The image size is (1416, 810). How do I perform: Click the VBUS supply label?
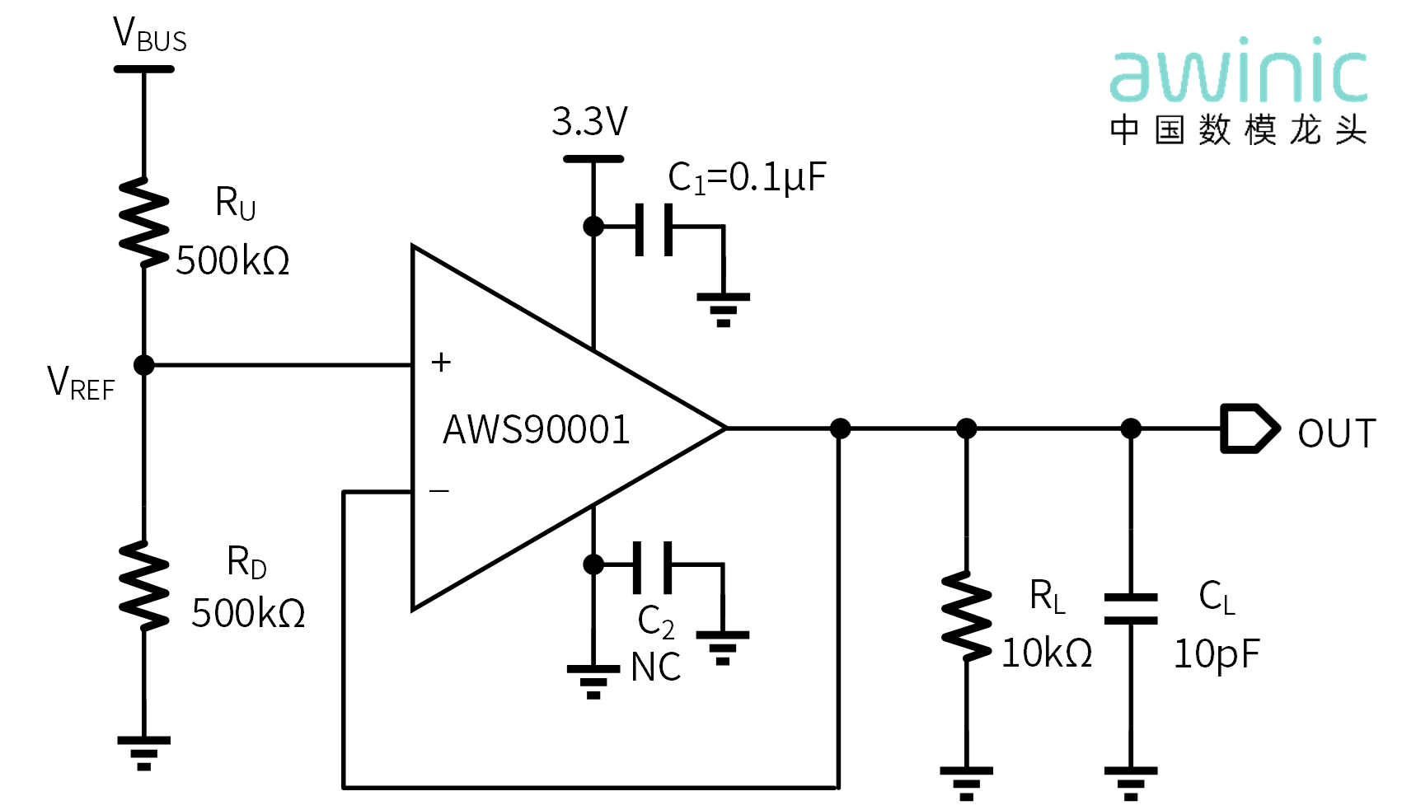coord(149,35)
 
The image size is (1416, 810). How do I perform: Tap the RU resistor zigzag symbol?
coord(144,222)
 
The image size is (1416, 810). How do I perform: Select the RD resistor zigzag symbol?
coord(144,585)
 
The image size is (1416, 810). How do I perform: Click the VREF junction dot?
coord(144,364)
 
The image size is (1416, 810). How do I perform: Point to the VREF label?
coord(81,383)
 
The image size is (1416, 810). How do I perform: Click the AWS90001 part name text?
coord(537,429)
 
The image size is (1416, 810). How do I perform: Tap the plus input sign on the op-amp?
coord(441,362)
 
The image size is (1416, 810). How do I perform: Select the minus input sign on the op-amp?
coord(439,491)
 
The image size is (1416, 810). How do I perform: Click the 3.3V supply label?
coord(589,122)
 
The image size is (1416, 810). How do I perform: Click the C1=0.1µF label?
coord(747,177)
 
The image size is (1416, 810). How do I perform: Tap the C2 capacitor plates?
coord(653,567)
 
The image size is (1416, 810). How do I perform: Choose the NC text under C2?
coord(656,667)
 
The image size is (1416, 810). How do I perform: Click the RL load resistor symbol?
coord(967,616)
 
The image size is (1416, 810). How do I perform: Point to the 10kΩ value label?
coord(1047,653)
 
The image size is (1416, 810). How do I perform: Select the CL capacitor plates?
coord(1131,609)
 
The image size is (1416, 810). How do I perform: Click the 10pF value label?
coord(1217,655)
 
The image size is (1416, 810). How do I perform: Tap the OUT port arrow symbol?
coord(1250,428)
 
